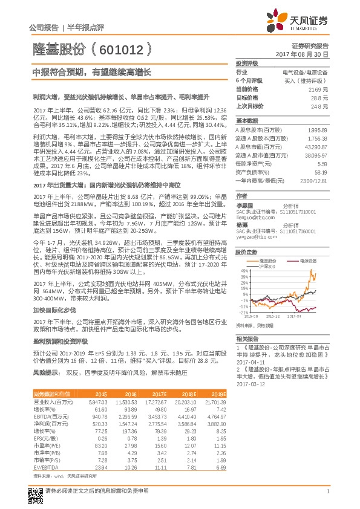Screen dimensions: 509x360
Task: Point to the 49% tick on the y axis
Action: click(x=242, y=270)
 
